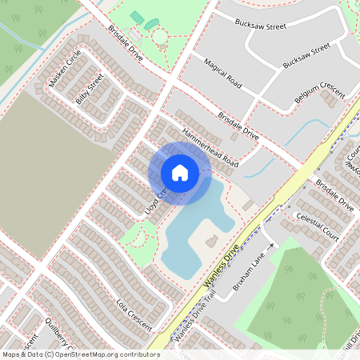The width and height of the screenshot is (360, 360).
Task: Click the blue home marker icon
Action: click(x=180, y=173)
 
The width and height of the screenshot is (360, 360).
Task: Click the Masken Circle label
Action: click(x=65, y=69)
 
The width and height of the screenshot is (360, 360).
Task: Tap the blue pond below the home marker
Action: click(x=192, y=232)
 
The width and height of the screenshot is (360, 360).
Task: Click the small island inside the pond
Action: click(x=212, y=240)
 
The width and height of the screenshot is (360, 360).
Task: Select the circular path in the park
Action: click(x=160, y=36)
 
